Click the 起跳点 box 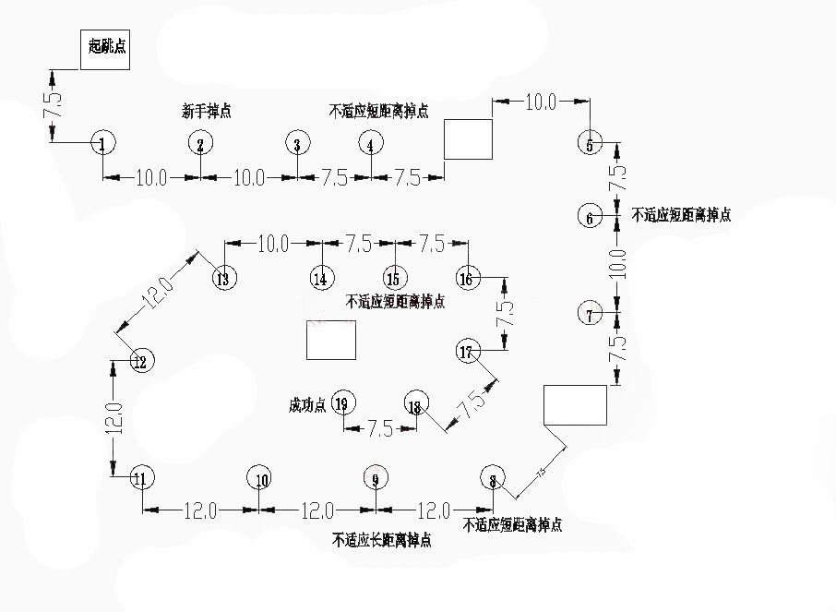pyautogui.click(x=103, y=48)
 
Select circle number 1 pyautogui.click(x=103, y=144)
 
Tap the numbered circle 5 pyautogui.click(x=591, y=143)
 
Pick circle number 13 pyautogui.click(x=223, y=278)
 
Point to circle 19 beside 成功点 pyautogui.click(x=343, y=403)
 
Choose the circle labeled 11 pyautogui.click(x=141, y=478)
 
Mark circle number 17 pyautogui.click(x=468, y=351)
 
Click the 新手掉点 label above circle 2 pyautogui.click(x=207, y=112)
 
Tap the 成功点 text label pyautogui.click(x=307, y=404)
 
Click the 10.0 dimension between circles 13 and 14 pyautogui.click(x=273, y=244)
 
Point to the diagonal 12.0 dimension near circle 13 pyautogui.click(x=158, y=293)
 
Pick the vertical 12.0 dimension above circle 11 pyautogui.click(x=113, y=418)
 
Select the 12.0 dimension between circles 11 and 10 pyautogui.click(x=200, y=510)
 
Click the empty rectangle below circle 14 pyautogui.click(x=331, y=340)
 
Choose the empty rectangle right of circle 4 pyautogui.click(x=468, y=138)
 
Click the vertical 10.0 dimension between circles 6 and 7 pyautogui.click(x=617, y=264)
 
